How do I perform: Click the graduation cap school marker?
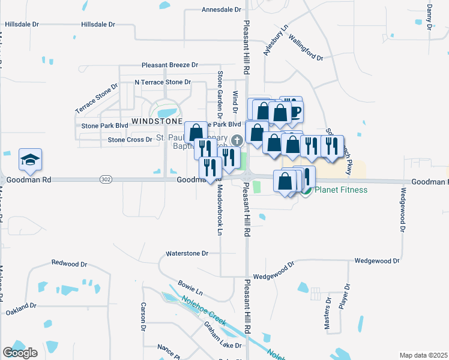pyautogui.click(x=30, y=160)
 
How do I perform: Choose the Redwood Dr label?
pyautogui.click(x=70, y=263)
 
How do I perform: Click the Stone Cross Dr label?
pyautogui.click(x=130, y=140)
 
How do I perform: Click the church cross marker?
pyautogui.click(x=237, y=140)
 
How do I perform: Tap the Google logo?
pyautogui.click(x=20, y=353)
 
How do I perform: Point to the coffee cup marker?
pyautogui.click(x=292, y=110)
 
